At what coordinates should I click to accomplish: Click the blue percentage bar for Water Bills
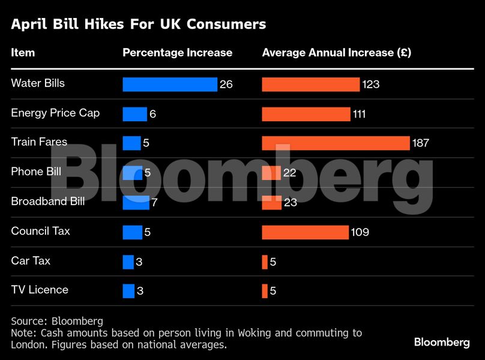point(170,84)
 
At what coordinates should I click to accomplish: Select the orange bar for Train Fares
point(336,143)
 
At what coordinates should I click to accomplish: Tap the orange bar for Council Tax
point(305,232)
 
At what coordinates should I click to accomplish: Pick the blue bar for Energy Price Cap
point(134,114)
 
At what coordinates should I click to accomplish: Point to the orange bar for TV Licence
point(265,291)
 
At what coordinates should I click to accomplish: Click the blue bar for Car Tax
point(128,262)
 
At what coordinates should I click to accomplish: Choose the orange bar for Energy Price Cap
point(306,114)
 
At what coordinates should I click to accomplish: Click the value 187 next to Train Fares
point(420,143)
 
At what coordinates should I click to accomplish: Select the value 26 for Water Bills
point(226,85)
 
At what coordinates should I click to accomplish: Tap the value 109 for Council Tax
point(360,232)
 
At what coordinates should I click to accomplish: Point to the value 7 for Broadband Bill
point(154,203)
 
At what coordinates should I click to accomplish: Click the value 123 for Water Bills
point(371,85)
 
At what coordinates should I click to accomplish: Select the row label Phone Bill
point(36,172)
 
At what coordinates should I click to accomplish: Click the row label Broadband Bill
point(48,201)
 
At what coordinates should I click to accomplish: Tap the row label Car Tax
point(31,261)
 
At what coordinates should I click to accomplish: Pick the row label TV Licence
point(40,290)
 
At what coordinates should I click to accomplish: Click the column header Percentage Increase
point(177,53)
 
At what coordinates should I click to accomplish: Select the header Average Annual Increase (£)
point(336,53)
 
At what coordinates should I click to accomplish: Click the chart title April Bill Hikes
point(138,25)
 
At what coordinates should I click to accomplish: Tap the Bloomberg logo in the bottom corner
point(442,342)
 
